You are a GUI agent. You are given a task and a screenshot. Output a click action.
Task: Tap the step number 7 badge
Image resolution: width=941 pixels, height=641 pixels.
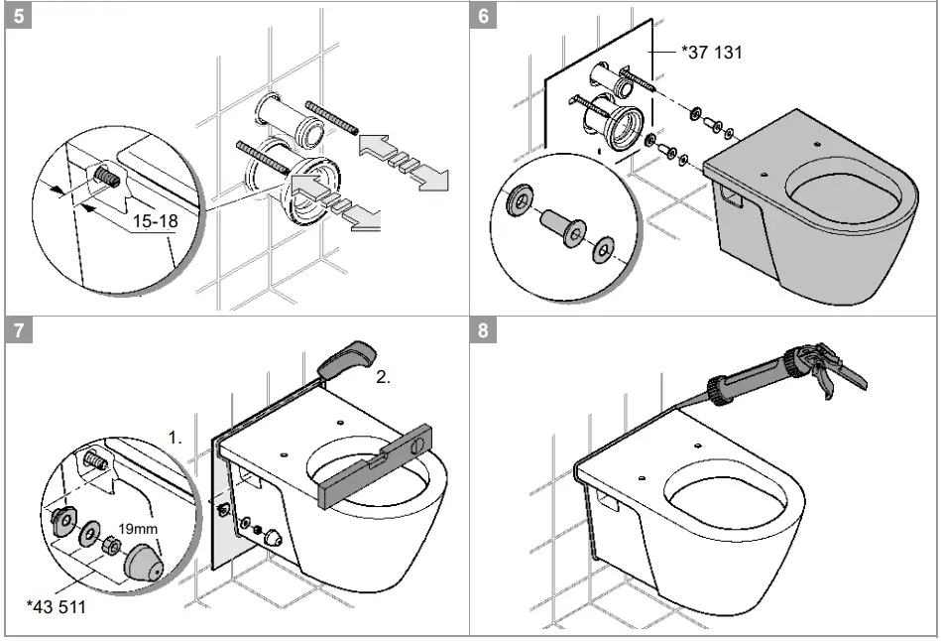click(x=19, y=331)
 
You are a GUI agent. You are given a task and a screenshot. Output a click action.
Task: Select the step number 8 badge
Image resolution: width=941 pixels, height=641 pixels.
click(x=484, y=331)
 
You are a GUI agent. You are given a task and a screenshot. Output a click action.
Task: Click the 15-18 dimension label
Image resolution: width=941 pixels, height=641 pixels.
click(x=155, y=222)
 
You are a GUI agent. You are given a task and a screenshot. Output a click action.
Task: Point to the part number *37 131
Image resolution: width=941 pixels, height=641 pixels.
click(x=712, y=52)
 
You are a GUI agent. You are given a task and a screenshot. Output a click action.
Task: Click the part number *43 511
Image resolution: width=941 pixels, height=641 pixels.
click(x=57, y=605)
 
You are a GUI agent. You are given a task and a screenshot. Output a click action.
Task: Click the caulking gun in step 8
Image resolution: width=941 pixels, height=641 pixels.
click(x=783, y=372)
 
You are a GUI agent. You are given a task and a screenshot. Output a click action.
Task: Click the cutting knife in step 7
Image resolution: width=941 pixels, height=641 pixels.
click(x=346, y=356)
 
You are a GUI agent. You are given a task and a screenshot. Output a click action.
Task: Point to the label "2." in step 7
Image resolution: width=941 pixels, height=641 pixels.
click(x=384, y=378)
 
